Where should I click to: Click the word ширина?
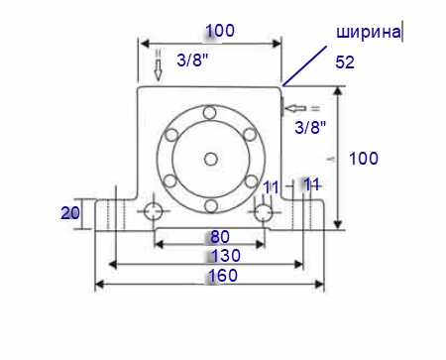pos(369,33)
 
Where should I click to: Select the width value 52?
pos(345,62)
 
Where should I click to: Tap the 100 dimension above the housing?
pos(220,31)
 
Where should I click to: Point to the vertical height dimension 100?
pos(364,159)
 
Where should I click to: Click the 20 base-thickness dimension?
pos(70,213)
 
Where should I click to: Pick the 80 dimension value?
pos(220,237)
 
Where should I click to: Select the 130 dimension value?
pos(226,256)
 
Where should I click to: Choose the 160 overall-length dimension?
pos(223,276)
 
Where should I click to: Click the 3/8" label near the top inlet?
pos(192,60)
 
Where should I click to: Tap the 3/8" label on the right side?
pos(310,127)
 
